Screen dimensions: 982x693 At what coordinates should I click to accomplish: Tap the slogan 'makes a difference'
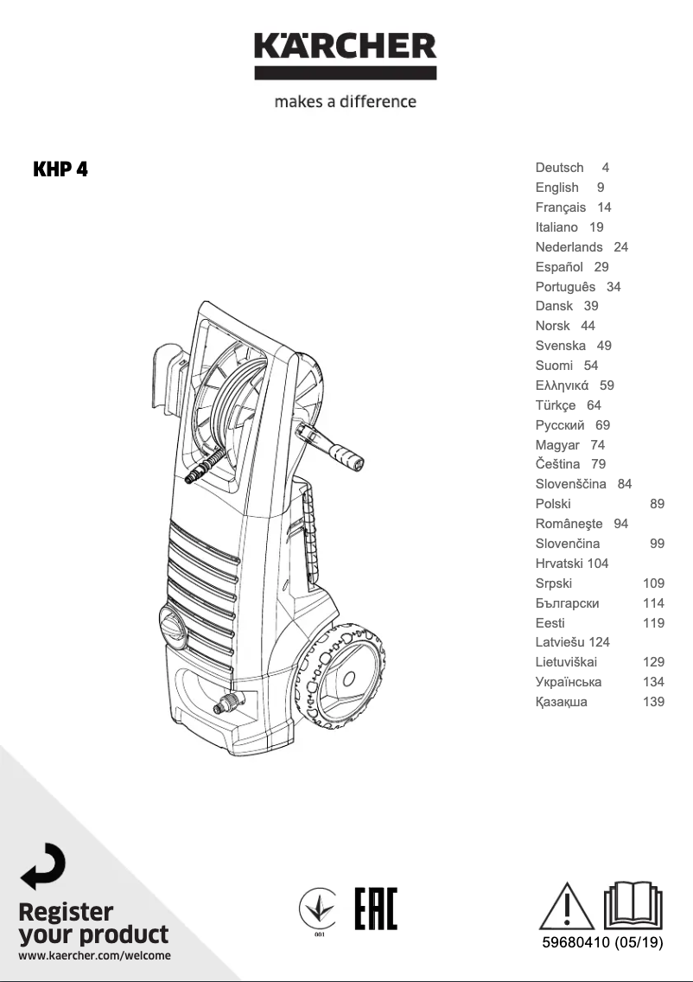(345, 102)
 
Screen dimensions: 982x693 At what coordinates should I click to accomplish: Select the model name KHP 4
(60, 169)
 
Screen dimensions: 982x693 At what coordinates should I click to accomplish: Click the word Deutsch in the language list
(559, 168)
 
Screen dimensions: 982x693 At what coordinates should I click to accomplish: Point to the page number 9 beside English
(601, 188)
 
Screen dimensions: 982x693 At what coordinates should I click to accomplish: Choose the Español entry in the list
(559, 267)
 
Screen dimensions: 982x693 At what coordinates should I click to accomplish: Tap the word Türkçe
(556, 405)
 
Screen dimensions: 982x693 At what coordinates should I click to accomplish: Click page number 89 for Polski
(657, 504)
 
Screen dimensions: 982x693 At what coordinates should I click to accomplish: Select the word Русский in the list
(560, 425)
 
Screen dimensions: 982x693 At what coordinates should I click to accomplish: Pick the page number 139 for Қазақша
(653, 702)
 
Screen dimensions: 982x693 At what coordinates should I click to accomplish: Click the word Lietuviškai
(566, 662)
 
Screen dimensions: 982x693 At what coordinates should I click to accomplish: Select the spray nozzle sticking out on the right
(333, 447)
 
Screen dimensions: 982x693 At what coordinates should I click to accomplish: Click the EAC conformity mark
(376, 909)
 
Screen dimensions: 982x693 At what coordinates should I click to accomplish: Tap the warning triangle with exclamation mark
(567, 907)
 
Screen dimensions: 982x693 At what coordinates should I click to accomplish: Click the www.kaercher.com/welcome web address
(94, 955)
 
